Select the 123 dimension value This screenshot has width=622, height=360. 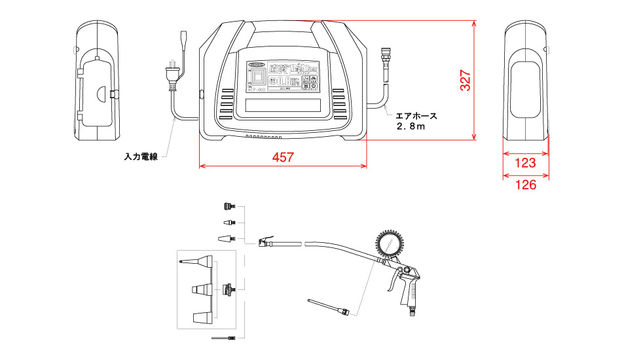click(x=526, y=162)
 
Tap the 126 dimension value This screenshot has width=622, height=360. click(x=526, y=185)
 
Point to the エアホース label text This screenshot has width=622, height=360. click(x=416, y=115)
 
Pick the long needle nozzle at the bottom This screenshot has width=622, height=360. click(x=223, y=338)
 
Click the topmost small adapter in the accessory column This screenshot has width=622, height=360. click(x=229, y=206)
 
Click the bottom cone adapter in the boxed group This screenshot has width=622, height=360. click(x=202, y=317)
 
